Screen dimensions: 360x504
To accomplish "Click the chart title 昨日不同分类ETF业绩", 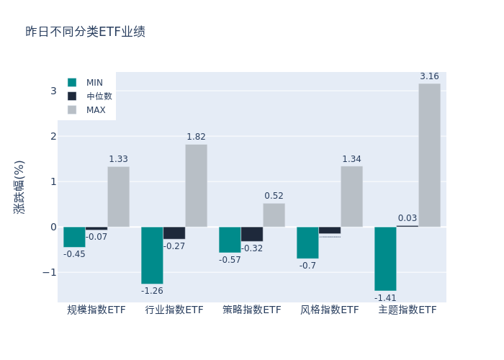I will pyautogui.click(x=85, y=32).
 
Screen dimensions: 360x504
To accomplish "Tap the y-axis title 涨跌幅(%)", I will pyautogui.click(x=19, y=187).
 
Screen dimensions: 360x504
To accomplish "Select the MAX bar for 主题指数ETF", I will pyautogui.click(x=429, y=155).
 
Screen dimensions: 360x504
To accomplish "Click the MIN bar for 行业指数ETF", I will pyautogui.click(x=152, y=255).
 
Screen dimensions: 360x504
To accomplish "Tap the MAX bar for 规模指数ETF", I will pyautogui.click(x=118, y=197).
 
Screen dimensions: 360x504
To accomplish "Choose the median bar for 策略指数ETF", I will pyautogui.click(x=252, y=234).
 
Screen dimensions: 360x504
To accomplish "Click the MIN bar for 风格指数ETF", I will pyautogui.click(x=307, y=243).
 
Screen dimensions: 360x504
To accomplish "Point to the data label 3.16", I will pyautogui.click(x=429, y=76).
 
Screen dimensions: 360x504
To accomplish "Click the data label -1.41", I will pyautogui.click(x=385, y=297).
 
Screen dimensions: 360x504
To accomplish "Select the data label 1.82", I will pyautogui.click(x=196, y=137).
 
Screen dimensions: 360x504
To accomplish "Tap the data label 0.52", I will pyautogui.click(x=274, y=196).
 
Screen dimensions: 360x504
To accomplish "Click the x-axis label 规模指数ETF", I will pyautogui.click(x=96, y=310).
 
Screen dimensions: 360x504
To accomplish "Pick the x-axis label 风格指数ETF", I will pyautogui.click(x=330, y=310).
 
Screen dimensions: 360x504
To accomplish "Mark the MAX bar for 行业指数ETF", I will pyautogui.click(x=196, y=186).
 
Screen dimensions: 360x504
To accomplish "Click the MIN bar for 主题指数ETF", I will pyautogui.click(x=385, y=258).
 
